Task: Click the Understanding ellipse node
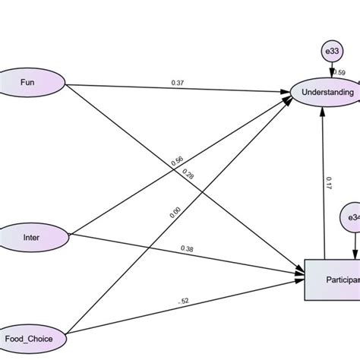(x=327, y=93)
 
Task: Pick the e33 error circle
(x=332, y=51)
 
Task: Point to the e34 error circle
(x=352, y=218)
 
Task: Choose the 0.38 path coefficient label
(x=187, y=248)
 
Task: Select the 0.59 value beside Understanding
(x=339, y=74)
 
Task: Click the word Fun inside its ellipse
(x=27, y=81)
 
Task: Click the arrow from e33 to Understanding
(x=332, y=68)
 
